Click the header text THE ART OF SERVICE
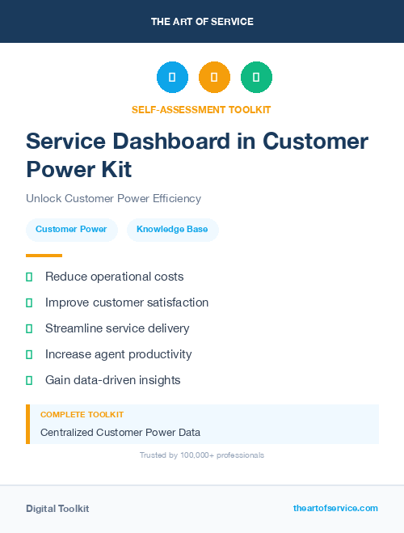[202, 21]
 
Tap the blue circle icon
[172, 77]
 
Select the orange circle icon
[214, 77]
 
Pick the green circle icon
[256, 77]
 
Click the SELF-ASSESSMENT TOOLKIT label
[202, 109]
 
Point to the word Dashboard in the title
[161, 142]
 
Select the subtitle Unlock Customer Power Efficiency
[113, 198]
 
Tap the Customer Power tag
[71, 230]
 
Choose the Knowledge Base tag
[172, 230]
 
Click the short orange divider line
[44, 255]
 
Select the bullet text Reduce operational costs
[114, 277]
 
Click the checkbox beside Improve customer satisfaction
[29, 302]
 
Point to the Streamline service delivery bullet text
[117, 328]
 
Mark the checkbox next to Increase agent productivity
[29, 354]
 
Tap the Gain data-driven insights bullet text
[112, 380]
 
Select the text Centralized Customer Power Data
[120, 432]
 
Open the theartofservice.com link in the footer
[335, 508]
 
